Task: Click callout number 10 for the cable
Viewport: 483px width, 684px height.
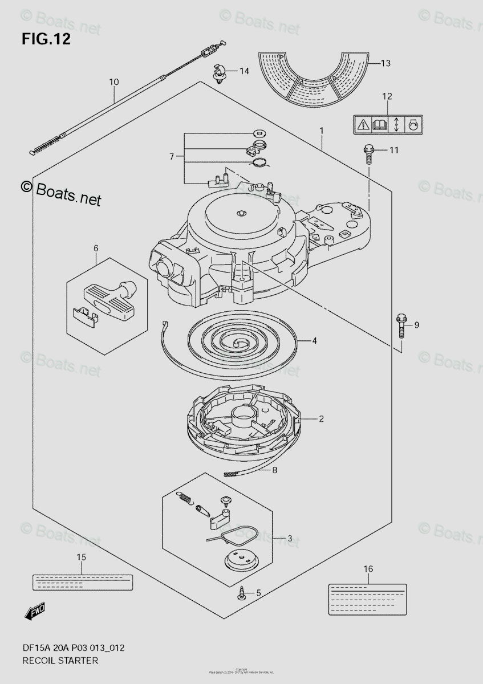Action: [x=113, y=82]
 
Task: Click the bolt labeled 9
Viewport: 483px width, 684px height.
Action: [x=400, y=327]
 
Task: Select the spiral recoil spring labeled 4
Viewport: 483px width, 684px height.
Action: [x=242, y=342]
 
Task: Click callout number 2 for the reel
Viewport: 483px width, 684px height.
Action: [x=321, y=419]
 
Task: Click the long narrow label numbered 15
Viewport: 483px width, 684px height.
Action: [x=82, y=581]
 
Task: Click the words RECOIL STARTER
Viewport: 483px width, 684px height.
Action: [x=60, y=661]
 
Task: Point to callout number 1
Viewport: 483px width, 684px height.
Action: [x=322, y=131]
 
